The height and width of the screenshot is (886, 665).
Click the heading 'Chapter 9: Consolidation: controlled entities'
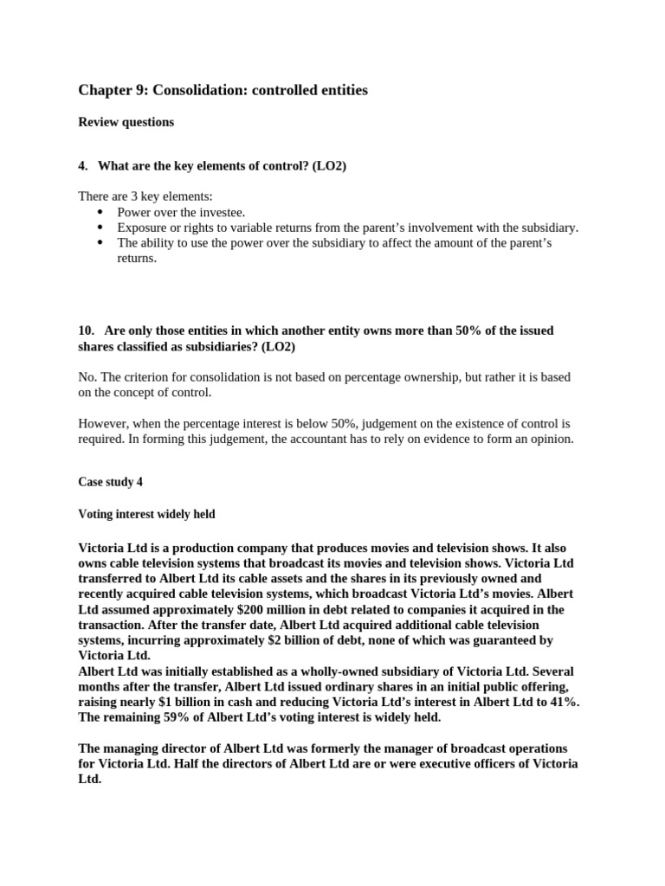223,90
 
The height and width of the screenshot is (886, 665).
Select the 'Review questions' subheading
126,122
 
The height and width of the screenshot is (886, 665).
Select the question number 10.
86,331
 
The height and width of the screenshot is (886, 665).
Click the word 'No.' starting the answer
87,377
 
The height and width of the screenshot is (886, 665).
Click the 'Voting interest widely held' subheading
146,514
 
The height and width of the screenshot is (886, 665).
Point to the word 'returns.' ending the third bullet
137,258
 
